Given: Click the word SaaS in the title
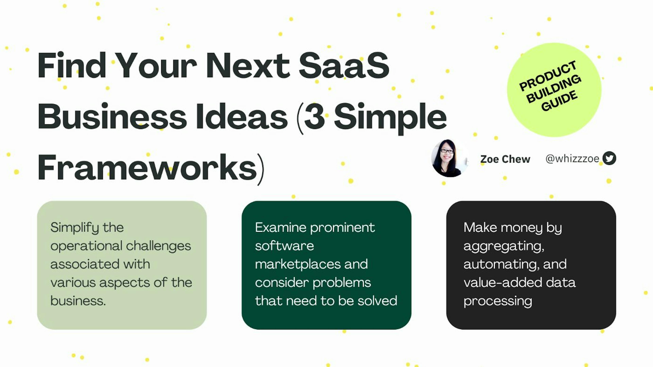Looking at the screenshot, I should tap(344, 65).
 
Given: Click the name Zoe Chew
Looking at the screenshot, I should tap(505, 159).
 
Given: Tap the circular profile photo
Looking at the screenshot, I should tap(449, 158).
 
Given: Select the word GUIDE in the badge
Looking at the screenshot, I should tap(559, 101).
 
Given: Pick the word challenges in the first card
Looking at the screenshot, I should tap(158, 246).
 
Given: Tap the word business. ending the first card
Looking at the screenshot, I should tap(78, 301).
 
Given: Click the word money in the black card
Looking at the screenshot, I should tap(521, 227).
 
